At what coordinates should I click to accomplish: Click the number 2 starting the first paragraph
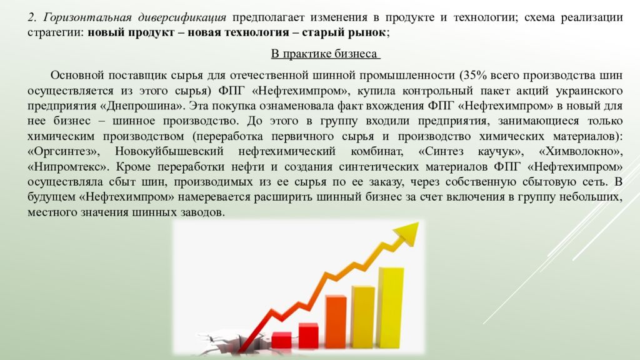pyautogui.click(x=31, y=17)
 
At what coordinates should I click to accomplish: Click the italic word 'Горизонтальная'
pyautogui.click(x=87, y=17)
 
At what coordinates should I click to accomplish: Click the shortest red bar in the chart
pyautogui.click(x=281, y=340)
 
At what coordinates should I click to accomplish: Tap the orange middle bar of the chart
pyautogui.click(x=336, y=322)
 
